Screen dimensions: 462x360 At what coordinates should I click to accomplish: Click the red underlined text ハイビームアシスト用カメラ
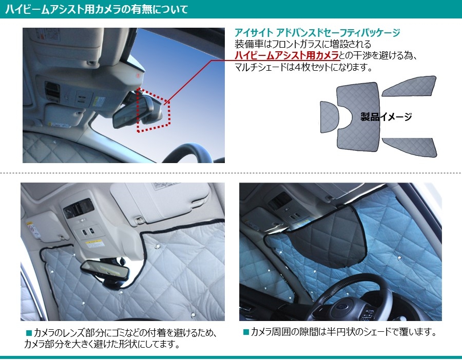[286, 55]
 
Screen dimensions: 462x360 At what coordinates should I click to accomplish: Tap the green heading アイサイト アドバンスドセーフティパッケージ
[317, 32]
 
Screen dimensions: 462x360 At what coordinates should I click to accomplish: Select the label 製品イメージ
[386, 117]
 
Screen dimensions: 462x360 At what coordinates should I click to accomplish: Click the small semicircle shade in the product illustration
[329, 117]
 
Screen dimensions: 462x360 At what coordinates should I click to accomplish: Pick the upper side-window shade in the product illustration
[409, 86]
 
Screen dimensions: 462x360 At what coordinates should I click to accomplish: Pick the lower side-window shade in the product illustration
[409, 147]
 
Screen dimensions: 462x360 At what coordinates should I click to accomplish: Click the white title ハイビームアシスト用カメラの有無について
[97, 9]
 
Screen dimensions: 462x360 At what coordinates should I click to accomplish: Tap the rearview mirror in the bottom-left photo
[105, 269]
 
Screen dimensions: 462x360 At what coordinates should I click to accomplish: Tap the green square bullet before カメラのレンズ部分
[29, 333]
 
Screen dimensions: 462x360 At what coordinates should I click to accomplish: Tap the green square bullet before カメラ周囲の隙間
[246, 332]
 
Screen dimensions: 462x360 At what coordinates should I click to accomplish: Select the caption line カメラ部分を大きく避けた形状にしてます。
[102, 344]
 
